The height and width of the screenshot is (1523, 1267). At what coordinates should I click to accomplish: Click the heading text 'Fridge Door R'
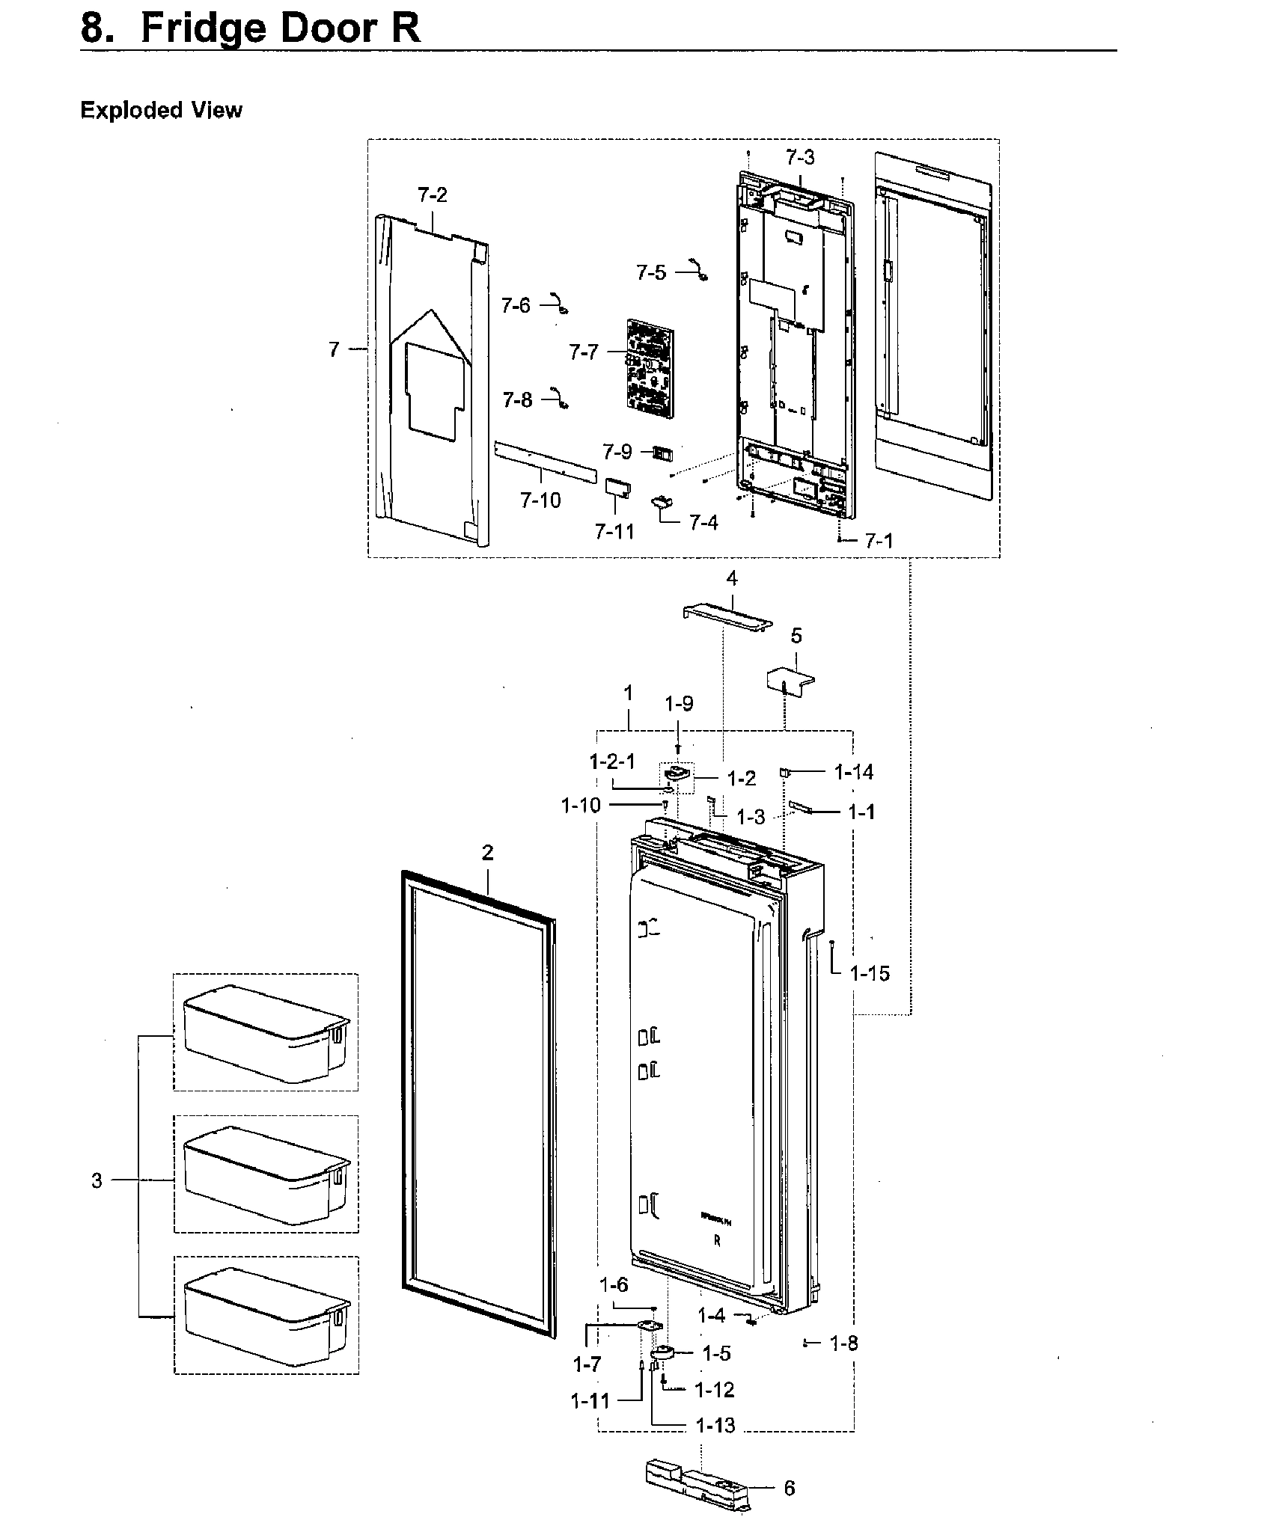[280, 28]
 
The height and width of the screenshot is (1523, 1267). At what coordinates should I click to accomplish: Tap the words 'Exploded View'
[161, 110]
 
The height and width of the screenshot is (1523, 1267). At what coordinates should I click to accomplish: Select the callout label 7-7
[584, 352]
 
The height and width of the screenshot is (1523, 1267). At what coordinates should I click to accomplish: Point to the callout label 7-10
[540, 500]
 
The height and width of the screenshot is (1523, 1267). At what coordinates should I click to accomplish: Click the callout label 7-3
[800, 158]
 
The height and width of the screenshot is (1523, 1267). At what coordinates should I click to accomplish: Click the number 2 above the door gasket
[487, 853]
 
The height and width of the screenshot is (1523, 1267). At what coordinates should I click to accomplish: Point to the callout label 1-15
[870, 973]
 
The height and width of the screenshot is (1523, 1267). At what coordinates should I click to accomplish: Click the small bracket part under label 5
[790, 678]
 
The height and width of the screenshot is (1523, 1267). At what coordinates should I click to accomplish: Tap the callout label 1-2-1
[612, 762]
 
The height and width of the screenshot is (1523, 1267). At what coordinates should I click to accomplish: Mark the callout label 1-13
[715, 1426]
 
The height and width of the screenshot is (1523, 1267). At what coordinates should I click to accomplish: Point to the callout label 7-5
[651, 272]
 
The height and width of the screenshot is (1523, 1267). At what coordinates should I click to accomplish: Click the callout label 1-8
[844, 1343]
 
